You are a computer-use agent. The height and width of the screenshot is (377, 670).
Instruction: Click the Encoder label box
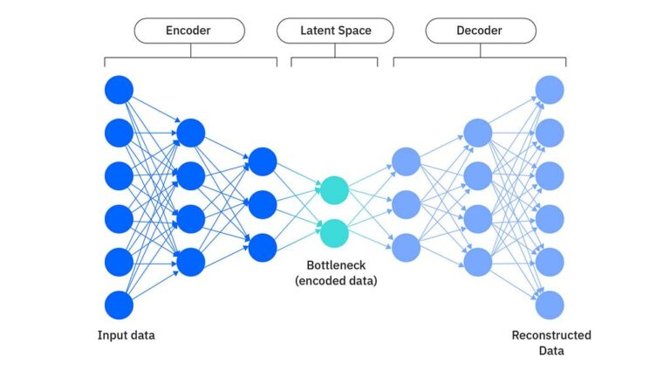coord(189,31)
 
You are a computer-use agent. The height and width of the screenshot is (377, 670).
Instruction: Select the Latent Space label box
coord(335,31)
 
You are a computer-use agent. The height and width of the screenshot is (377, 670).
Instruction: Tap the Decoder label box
coord(479,31)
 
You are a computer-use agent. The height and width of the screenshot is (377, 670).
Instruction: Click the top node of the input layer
coord(119,90)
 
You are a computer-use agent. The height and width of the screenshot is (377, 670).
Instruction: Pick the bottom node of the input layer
coord(119,305)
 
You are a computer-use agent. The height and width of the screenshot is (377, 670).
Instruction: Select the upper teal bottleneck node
coord(334,189)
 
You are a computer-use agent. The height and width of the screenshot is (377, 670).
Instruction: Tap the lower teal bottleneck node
coord(334,232)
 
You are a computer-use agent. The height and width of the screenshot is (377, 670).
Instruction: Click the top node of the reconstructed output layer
coord(550,90)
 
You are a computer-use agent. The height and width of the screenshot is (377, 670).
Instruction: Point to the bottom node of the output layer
coord(550,305)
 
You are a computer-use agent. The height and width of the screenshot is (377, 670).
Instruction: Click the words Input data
coord(133,336)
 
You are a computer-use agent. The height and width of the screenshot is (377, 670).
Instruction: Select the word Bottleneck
coord(335,264)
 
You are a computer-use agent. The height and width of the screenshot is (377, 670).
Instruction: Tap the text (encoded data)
coord(335,280)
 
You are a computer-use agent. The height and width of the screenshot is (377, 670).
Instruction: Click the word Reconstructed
coord(550,335)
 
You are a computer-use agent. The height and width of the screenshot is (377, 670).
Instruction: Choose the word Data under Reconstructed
coord(550,351)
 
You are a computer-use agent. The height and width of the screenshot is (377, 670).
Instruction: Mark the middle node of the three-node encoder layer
coord(263,205)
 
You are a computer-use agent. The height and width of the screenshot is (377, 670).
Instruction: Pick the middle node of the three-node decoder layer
coord(407,205)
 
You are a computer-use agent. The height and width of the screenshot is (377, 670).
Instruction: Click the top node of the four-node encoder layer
coord(191,133)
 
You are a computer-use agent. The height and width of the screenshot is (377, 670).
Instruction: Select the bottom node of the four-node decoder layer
coord(478,262)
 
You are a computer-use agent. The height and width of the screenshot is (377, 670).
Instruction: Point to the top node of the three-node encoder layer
coord(263,161)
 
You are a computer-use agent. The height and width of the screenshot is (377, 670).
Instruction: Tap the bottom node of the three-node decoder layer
coord(407,248)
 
